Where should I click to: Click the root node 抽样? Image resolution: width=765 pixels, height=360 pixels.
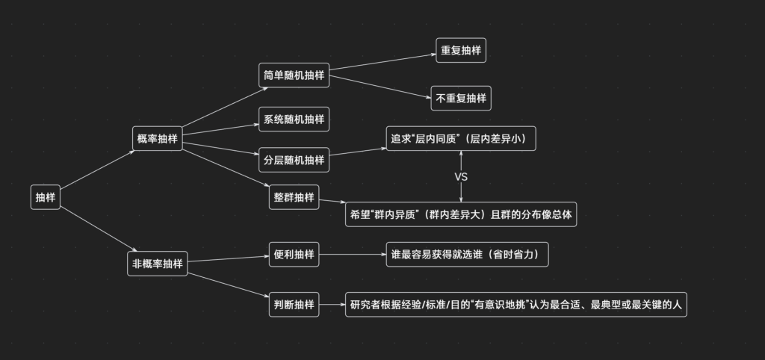click(46, 197)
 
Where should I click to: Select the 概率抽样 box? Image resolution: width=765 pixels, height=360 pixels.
click(157, 138)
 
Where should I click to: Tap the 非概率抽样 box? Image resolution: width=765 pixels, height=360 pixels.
click(157, 263)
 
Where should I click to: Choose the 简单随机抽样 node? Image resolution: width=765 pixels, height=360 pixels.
click(294, 75)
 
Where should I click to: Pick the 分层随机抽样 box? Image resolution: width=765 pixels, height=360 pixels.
click(294, 159)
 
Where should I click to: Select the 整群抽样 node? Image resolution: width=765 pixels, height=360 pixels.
click(294, 197)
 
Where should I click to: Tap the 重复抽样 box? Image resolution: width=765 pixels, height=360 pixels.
click(461, 50)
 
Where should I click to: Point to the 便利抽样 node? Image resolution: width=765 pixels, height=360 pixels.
click(294, 255)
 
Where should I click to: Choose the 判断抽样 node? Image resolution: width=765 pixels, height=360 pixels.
click(294, 305)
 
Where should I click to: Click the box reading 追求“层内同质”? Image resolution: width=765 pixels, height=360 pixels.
click(461, 139)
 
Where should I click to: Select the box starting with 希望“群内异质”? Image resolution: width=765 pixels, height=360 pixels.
click(461, 214)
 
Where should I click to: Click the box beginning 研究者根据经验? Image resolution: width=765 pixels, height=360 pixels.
click(515, 305)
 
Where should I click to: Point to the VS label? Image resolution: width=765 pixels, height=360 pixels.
click(461, 177)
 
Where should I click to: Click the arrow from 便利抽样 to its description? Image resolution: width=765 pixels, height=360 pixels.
click(352, 255)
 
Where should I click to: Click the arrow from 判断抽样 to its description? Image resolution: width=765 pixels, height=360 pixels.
click(331, 305)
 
